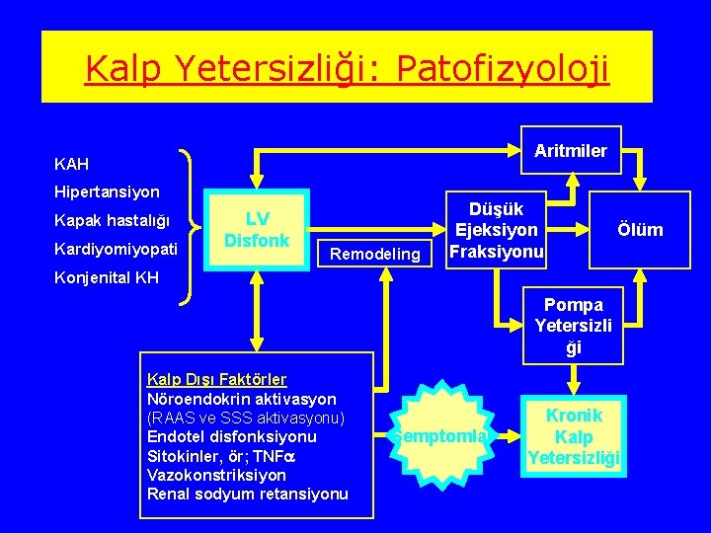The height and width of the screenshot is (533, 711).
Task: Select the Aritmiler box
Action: [x=571, y=151]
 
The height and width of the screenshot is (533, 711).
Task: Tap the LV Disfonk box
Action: [x=257, y=229]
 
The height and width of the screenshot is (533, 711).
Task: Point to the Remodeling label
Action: [x=374, y=254]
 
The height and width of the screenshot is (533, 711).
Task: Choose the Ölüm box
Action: [x=639, y=230]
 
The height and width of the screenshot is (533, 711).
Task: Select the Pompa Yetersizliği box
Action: [x=573, y=326]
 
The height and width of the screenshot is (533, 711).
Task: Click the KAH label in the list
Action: [x=71, y=163]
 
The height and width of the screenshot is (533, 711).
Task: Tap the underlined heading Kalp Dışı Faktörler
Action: [x=216, y=379]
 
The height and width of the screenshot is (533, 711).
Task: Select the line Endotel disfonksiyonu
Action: [x=231, y=436]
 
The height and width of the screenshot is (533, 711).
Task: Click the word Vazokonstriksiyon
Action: [x=217, y=475]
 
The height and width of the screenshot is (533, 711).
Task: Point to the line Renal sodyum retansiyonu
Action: [x=247, y=494]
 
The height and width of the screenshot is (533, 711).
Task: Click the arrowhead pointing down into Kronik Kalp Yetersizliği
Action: [x=573, y=386]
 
